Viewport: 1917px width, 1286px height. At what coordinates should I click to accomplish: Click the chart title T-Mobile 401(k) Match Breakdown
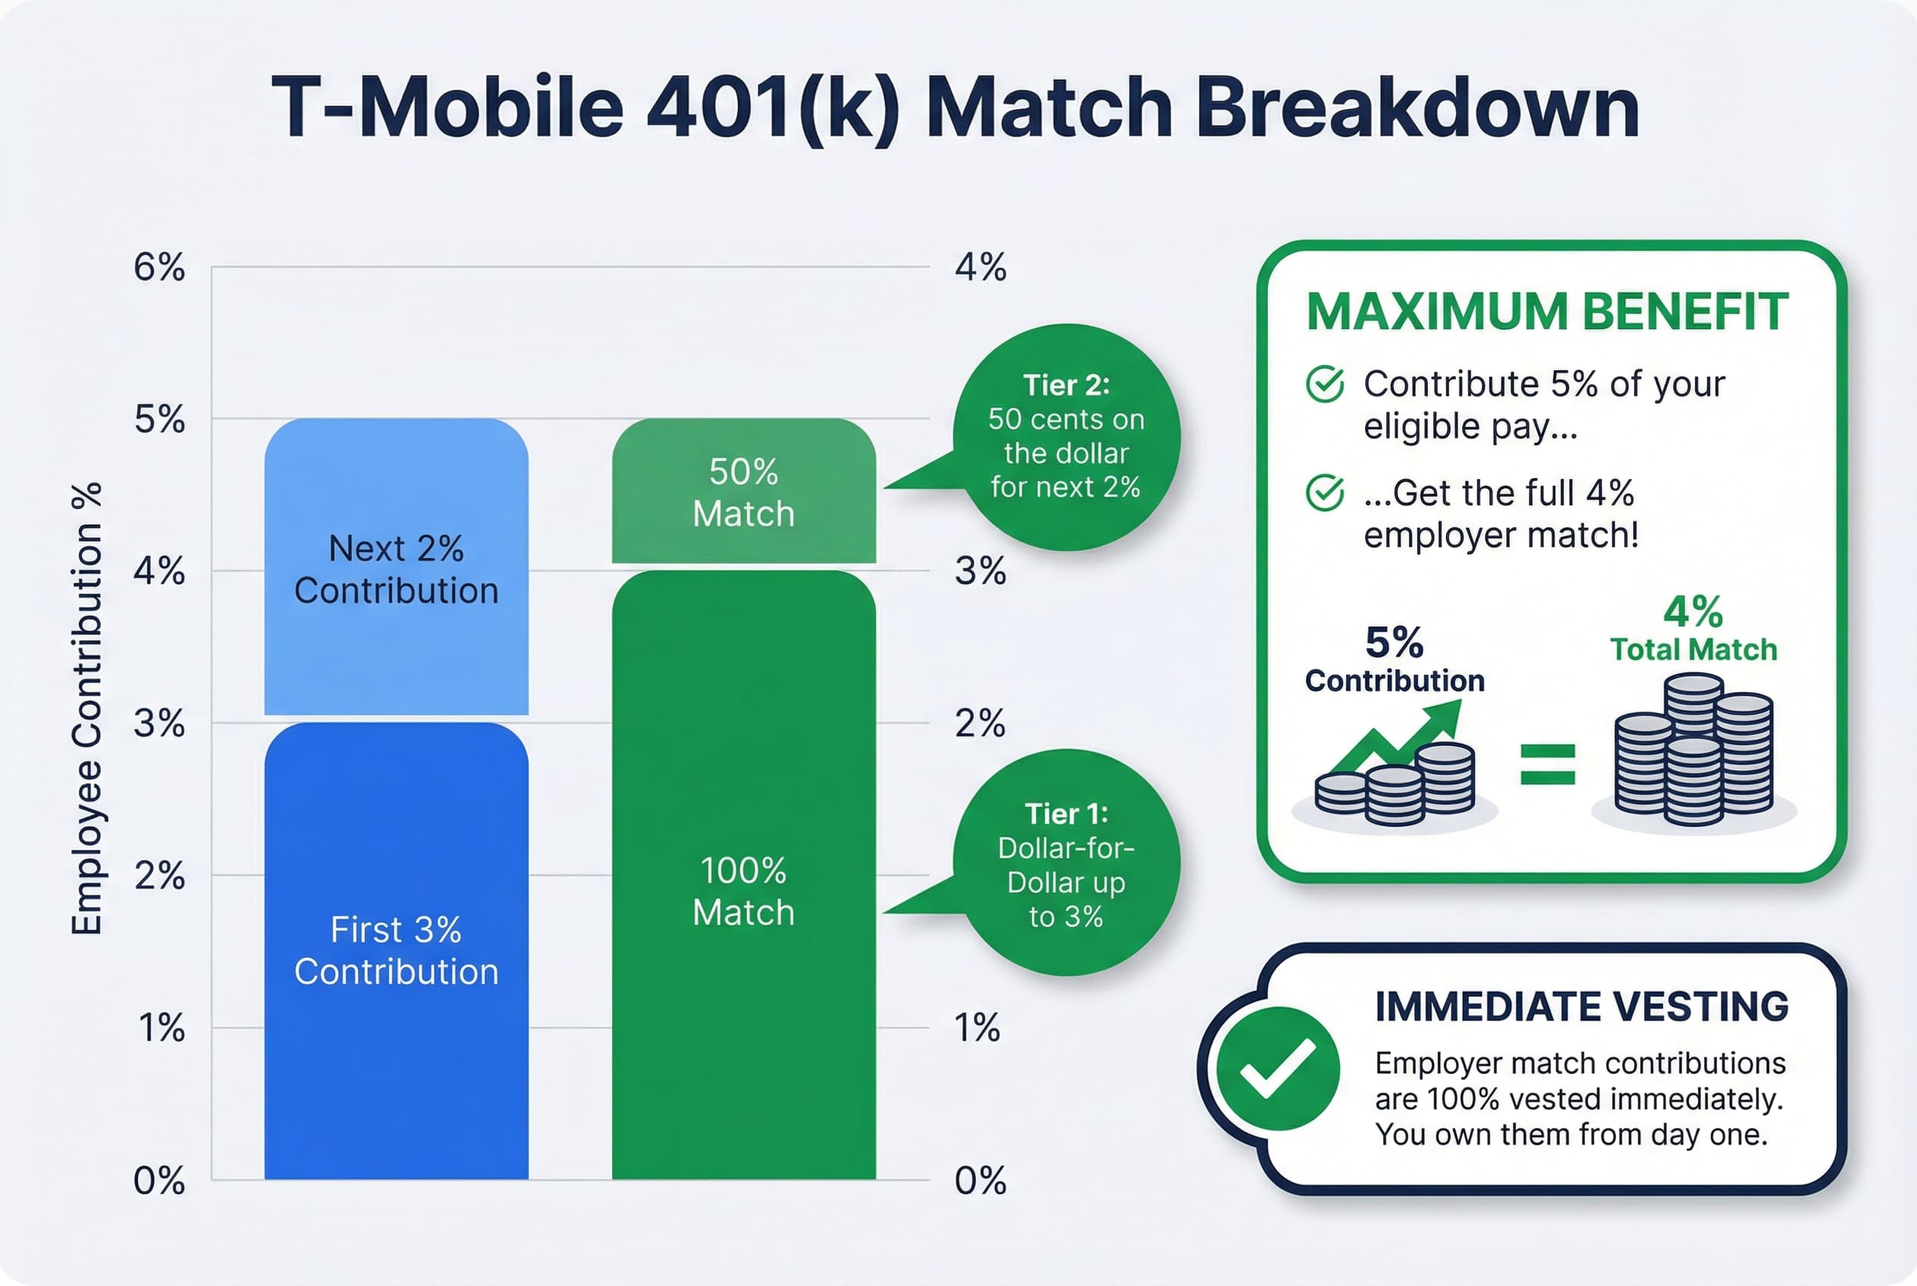[955, 108]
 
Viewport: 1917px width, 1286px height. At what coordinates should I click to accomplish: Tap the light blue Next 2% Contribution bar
[396, 567]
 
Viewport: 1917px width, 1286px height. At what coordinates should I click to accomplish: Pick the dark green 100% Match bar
[743, 891]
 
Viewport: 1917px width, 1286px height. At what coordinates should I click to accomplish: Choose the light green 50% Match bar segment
[743, 492]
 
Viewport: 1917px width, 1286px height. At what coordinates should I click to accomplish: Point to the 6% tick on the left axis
[159, 268]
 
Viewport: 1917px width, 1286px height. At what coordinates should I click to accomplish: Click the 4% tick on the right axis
[980, 268]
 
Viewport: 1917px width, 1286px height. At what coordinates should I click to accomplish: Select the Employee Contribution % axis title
[86, 709]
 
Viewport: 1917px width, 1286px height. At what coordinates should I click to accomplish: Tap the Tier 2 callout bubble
[1065, 436]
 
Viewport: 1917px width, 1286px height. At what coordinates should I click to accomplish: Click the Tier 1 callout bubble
[1065, 864]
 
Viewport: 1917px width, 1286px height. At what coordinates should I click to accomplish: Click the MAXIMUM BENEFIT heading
[1546, 312]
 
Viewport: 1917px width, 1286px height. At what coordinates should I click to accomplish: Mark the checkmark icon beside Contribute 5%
[1324, 384]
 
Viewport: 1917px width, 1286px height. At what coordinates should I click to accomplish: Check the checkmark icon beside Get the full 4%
[1324, 493]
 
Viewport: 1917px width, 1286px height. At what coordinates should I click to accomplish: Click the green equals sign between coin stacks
[1547, 764]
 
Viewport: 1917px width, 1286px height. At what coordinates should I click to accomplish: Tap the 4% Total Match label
[1693, 629]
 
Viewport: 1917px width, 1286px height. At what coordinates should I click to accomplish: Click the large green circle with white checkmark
[1277, 1068]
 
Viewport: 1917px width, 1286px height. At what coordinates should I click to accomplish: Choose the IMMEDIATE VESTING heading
[1580, 1007]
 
